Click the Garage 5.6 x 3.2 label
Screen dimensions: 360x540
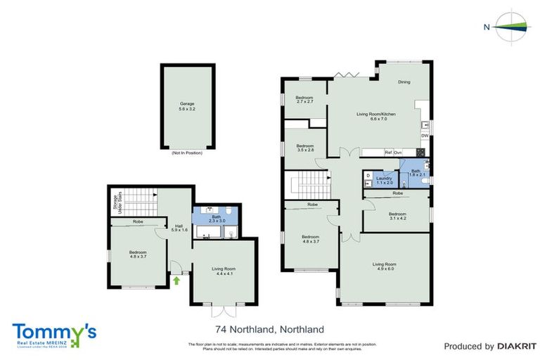point(186,106)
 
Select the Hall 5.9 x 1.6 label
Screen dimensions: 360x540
point(179,228)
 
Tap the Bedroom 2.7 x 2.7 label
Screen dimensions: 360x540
point(304,99)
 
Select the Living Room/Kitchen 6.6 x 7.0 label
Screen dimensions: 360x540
point(376,117)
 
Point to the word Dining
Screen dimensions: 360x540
point(404,82)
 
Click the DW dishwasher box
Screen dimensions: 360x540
point(425,136)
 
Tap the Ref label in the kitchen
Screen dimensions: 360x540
point(387,153)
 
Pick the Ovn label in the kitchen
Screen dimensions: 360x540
point(397,153)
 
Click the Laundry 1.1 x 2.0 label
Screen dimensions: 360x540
point(383,180)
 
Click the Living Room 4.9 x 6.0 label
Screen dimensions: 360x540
point(385,266)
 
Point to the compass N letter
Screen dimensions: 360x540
point(486,27)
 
